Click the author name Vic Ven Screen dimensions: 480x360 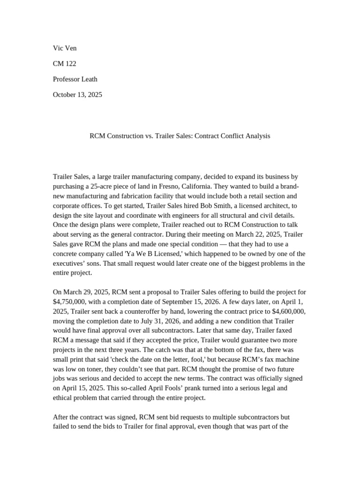(x=65, y=48)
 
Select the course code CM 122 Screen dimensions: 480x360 (x=64, y=64)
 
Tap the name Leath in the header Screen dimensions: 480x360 (x=89, y=79)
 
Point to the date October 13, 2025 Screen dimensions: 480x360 (x=77, y=95)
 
